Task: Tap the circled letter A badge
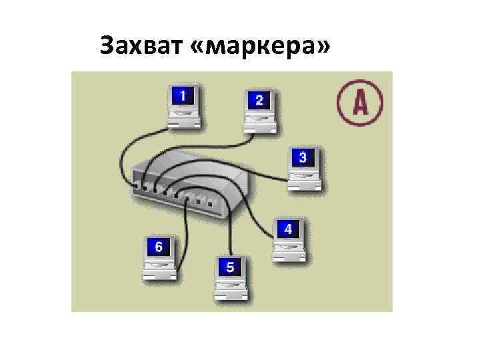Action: coord(360,102)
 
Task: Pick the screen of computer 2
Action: coord(259,101)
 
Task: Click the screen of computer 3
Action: coord(303,158)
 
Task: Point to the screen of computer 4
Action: coord(288,229)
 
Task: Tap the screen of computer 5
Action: coord(230,267)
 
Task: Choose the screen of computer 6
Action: coord(158,247)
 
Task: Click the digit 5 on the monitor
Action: coord(230,267)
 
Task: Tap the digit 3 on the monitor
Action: coord(303,158)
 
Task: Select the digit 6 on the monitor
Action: coord(158,247)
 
